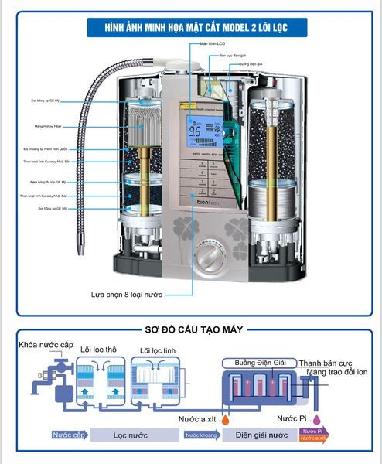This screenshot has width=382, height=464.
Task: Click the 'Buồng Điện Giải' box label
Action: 256,362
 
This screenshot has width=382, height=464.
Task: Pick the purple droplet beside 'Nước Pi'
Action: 318,421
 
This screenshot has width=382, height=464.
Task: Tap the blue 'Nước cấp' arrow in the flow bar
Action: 68,435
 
